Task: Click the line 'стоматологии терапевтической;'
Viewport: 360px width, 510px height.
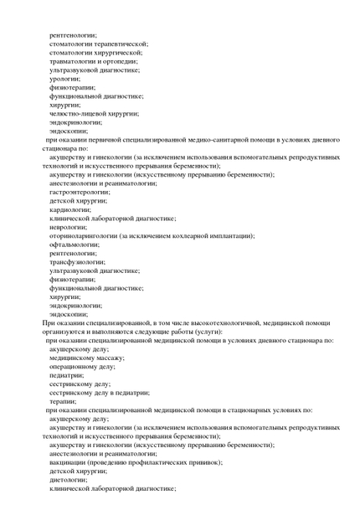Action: (98, 44)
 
